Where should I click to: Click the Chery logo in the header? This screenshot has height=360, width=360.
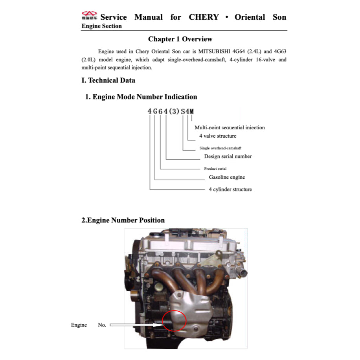click(x=90, y=16)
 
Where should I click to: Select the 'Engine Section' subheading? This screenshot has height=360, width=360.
click(x=101, y=26)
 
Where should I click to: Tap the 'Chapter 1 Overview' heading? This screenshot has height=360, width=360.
click(x=180, y=39)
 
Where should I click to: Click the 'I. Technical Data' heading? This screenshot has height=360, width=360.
click(x=108, y=80)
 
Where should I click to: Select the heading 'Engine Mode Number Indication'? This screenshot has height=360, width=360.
click(x=141, y=97)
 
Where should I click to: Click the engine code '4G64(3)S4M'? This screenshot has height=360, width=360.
click(x=171, y=111)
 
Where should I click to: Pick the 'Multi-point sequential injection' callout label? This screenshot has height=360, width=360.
click(x=230, y=127)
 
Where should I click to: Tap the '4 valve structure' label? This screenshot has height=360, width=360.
click(x=217, y=136)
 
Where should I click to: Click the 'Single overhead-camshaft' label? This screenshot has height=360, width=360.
click(x=220, y=148)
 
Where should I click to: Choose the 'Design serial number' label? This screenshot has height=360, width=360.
click(x=228, y=156)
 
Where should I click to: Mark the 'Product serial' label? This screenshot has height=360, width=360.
click(x=215, y=169)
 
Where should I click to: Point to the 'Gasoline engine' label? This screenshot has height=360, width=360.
click(x=227, y=177)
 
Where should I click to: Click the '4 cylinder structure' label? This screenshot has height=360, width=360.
click(x=230, y=189)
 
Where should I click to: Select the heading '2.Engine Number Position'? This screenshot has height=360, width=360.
click(x=123, y=220)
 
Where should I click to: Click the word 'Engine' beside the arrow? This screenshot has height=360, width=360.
click(x=79, y=325)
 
